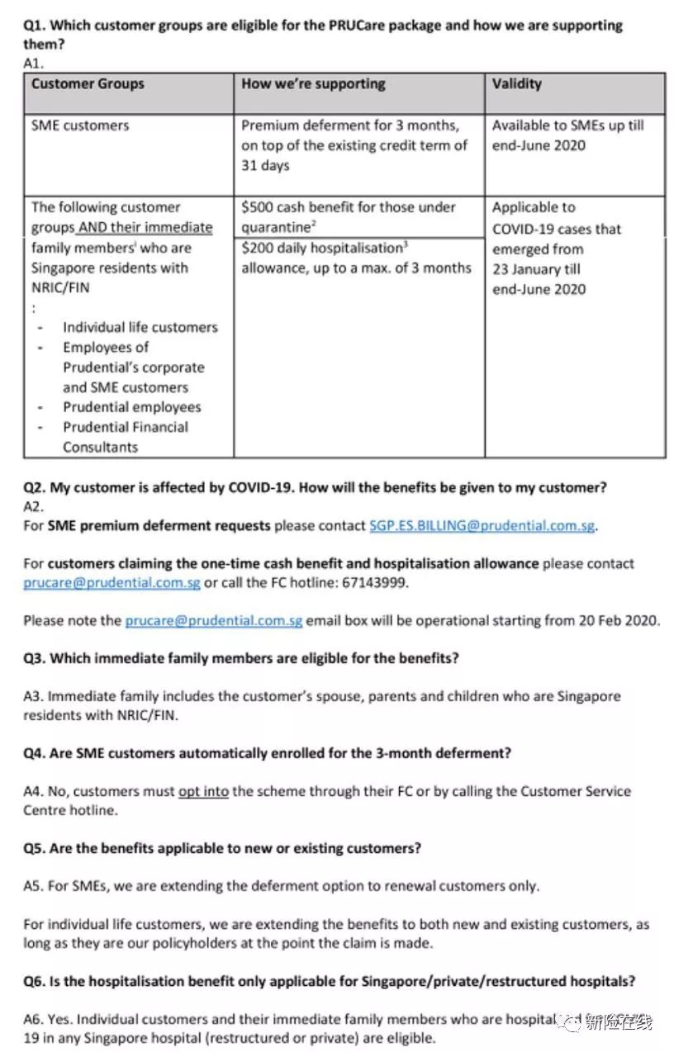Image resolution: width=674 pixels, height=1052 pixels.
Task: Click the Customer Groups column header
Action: (88, 84)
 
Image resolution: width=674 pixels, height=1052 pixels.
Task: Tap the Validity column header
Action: (517, 84)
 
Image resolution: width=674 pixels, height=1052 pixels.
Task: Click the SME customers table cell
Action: (80, 126)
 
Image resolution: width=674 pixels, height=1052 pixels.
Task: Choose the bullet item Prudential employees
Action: (131, 407)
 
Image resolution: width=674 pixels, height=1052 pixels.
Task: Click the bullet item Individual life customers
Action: (140, 327)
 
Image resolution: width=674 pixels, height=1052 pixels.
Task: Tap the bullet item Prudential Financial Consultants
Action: (126, 437)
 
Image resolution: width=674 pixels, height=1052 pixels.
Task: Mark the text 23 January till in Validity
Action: (536, 269)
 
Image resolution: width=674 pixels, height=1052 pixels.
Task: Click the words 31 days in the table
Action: (265, 165)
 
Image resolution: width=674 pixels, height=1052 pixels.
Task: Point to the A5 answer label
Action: (32, 886)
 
